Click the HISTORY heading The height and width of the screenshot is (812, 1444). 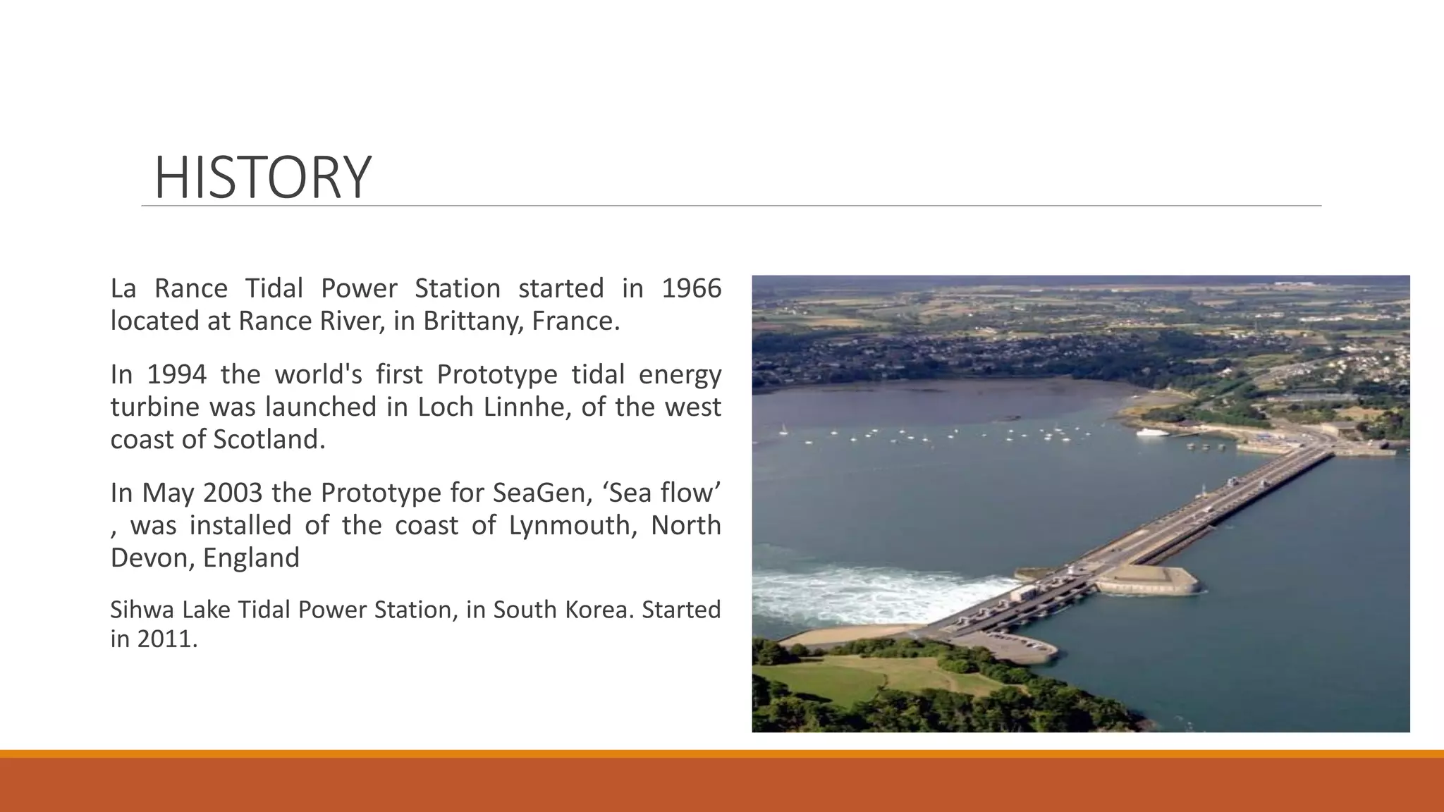click(x=262, y=178)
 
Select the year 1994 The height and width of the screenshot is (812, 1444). click(x=176, y=374)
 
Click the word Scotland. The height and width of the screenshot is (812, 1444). click(x=269, y=440)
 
